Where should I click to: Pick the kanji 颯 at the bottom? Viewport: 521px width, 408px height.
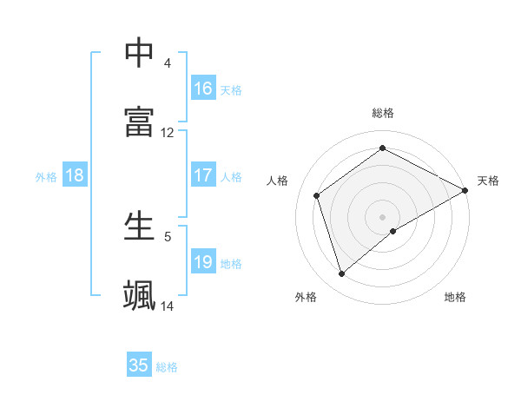[140, 294]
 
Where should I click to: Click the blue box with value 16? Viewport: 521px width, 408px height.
[203, 89]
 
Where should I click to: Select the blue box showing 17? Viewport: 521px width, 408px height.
[203, 175]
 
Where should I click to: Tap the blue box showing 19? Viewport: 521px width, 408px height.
[203, 262]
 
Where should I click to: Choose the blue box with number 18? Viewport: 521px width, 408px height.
[75, 175]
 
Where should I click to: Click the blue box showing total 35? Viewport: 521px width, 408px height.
[139, 365]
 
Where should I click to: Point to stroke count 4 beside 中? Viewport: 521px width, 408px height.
[167, 63]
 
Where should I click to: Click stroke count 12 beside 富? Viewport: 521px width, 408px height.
[168, 133]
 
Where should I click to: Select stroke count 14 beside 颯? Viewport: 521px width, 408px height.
[168, 306]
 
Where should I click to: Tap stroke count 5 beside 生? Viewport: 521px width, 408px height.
[167, 236]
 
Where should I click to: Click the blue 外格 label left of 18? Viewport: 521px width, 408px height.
[46, 177]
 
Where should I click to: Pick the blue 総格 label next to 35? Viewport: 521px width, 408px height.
[167, 367]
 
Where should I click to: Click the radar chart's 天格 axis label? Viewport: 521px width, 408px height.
[488, 181]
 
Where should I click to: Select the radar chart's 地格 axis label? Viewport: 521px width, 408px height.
[455, 297]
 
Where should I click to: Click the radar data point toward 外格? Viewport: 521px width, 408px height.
[341, 274]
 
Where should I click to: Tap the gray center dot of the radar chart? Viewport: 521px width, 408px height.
[383, 216]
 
